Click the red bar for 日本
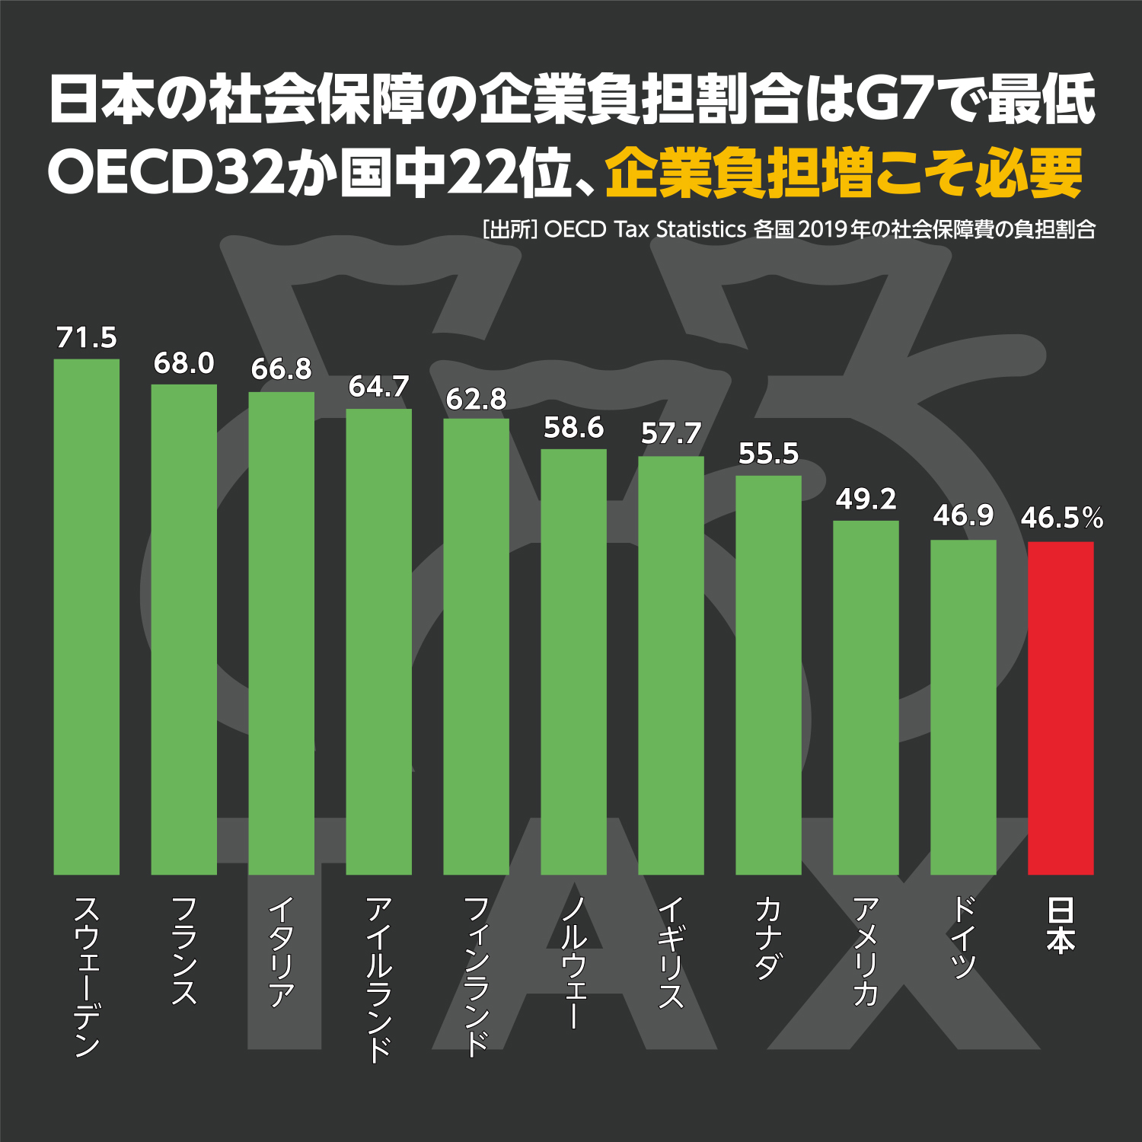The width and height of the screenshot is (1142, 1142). [x=1061, y=708]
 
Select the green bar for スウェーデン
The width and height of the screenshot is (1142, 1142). [x=87, y=617]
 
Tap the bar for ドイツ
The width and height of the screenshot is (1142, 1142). [x=963, y=707]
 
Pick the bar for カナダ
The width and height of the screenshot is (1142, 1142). [x=768, y=675]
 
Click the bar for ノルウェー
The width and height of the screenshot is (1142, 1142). [x=573, y=662]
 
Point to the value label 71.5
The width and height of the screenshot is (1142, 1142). [x=87, y=337]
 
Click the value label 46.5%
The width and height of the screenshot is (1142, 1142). [x=1061, y=518]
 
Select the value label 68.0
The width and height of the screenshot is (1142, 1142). [x=184, y=363]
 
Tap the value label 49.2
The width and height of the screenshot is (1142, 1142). [x=866, y=499]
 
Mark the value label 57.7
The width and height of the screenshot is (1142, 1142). [x=671, y=434]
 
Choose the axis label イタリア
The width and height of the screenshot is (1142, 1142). [x=282, y=952]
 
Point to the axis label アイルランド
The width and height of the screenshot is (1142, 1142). [x=379, y=978]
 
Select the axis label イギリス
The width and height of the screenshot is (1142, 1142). [x=671, y=952]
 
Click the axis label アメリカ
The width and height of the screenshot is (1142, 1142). [x=866, y=951]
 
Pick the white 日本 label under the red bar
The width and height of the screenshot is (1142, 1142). [x=1061, y=925]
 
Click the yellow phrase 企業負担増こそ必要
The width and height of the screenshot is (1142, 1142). [x=844, y=174]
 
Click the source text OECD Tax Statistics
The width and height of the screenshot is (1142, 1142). [x=645, y=229]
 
